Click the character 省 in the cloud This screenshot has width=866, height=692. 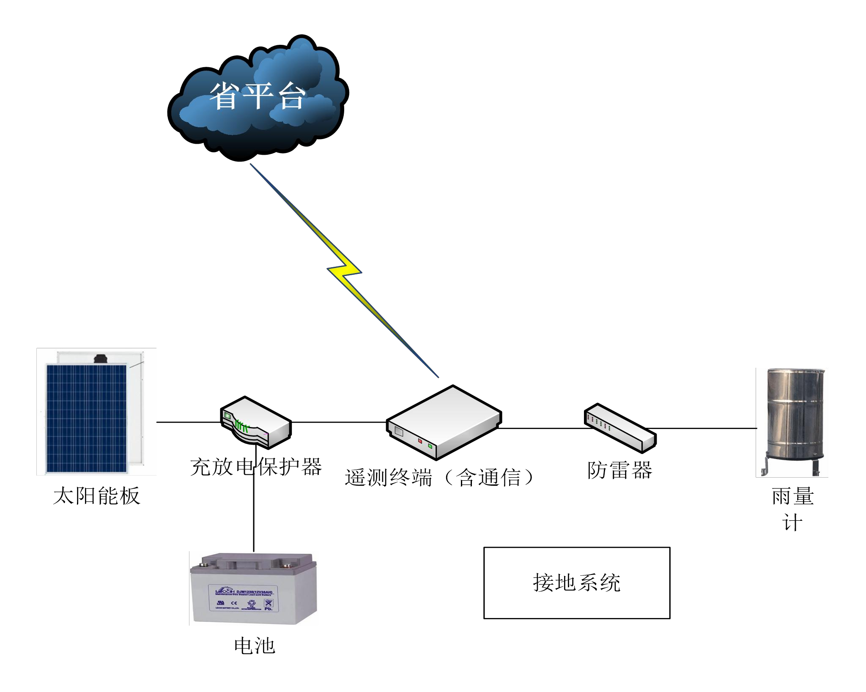pos(223,96)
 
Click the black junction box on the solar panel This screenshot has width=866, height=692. pos(101,358)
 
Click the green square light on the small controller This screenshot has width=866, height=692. pos(227,416)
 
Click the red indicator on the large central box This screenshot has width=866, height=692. pos(420,441)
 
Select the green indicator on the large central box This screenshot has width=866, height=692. pos(430,446)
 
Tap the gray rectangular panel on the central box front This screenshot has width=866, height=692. pos(399,432)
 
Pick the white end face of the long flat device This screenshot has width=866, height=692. pos(648,443)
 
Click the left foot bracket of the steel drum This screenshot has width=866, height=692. pos(764,470)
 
